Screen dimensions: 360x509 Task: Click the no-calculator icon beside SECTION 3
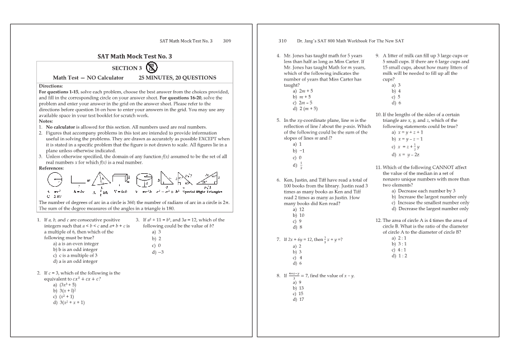(151, 67)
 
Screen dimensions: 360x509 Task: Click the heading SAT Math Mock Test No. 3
(134, 56)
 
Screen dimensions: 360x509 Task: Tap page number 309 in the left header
(227, 41)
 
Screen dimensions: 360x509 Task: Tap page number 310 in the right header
(282, 41)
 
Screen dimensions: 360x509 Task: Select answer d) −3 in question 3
(157, 252)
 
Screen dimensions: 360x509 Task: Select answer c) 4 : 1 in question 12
(398, 250)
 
